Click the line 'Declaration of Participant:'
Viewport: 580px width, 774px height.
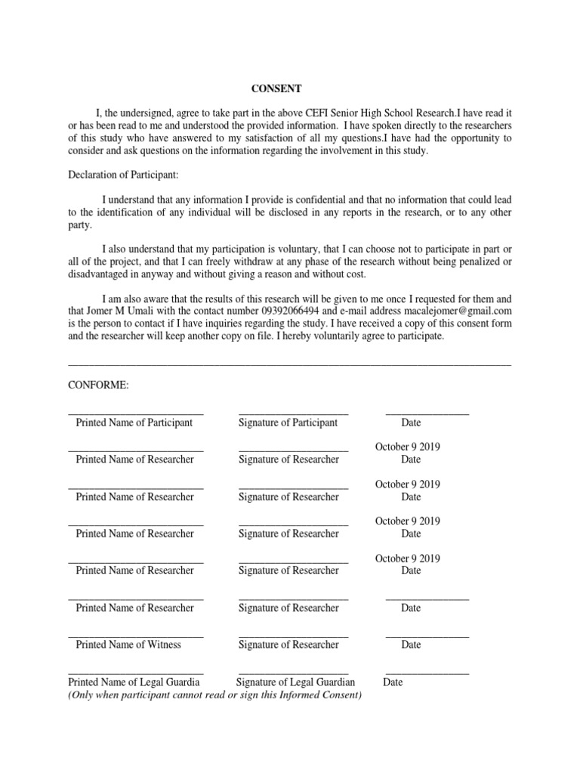[x=123, y=175]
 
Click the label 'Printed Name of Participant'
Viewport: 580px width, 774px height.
[x=134, y=423]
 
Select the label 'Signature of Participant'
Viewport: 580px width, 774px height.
[x=288, y=423]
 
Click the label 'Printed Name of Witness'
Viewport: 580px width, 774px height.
[x=128, y=645]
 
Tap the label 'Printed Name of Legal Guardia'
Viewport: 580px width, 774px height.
[x=135, y=682]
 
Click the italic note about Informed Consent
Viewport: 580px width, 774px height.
[x=215, y=695]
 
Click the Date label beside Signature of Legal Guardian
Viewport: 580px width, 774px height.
[x=393, y=682]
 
